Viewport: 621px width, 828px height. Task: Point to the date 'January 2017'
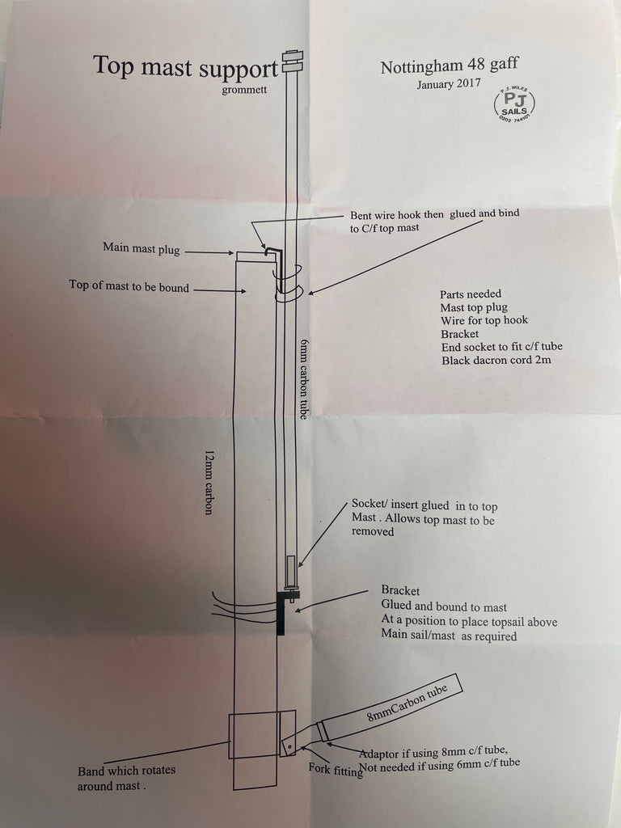click(449, 84)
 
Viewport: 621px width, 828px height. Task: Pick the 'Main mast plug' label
click(141, 247)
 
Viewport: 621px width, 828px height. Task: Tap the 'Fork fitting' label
click(335, 771)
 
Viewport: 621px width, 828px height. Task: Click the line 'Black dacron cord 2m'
click(496, 359)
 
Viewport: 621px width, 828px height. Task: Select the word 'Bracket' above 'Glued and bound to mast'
click(400, 591)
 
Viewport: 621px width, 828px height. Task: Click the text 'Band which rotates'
click(126, 771)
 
